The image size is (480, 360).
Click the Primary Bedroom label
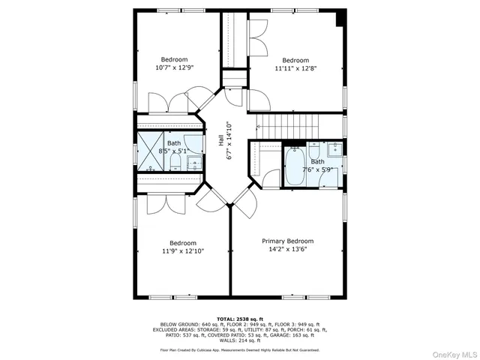point(287,241)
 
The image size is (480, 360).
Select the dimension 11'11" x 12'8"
point(295,68)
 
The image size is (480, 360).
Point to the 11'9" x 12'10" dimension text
point(182,251)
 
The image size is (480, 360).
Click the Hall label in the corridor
point(220,140)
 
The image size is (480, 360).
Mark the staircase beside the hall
point(289,124)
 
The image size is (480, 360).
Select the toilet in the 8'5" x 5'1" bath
point(175,159)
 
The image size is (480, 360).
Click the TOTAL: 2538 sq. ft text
point(239,319)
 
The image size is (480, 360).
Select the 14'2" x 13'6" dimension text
point(287,250)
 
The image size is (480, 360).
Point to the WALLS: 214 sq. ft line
point(239,340)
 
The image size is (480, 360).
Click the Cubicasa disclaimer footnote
point(239,349)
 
